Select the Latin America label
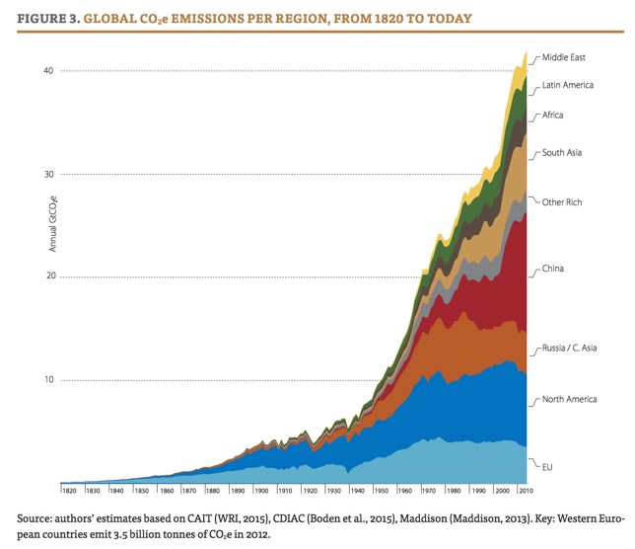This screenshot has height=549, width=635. tap(568, 85)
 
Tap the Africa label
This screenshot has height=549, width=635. tap(553, 116)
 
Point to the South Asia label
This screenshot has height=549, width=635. tap(562, 153)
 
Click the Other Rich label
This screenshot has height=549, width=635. tap(562, 202)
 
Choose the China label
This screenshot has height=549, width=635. tap(553, 269)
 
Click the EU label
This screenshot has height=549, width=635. tap(548, 464)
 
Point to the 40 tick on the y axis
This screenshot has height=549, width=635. tap(45, 71)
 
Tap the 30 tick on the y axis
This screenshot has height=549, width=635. tap(45, 175)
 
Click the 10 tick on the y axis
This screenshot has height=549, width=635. tap(45, 381)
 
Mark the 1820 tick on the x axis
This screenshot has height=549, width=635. tap(69, 491)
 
